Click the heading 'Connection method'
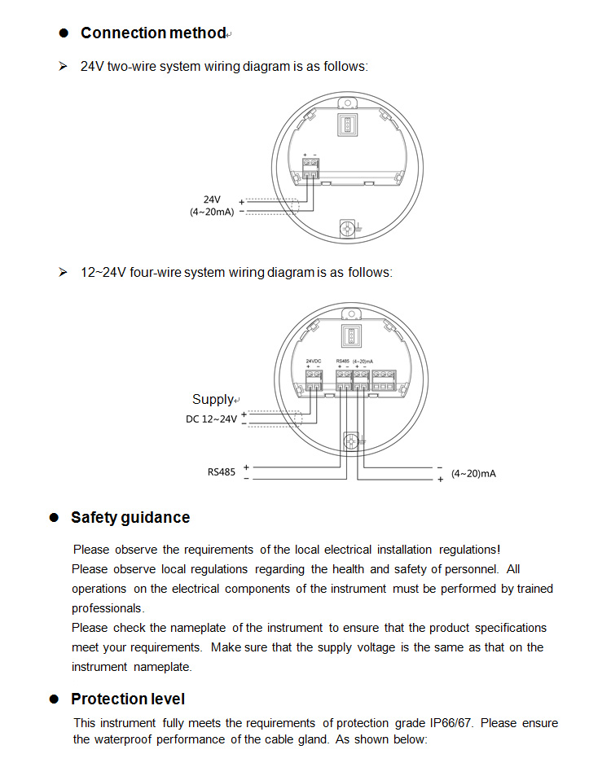click(152, 33)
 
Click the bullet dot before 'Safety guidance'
click(55, 518)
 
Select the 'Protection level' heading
click(128, 699)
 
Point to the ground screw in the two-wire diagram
click(349, 227)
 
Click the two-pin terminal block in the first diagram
click(310, 169)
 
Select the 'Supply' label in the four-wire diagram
click(213, 399)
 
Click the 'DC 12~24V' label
click(211, 419)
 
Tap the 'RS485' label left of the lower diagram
click(221, 471)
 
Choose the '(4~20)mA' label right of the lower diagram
click(473, 473)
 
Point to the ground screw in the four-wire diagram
click(351, 441)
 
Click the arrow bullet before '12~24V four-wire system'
click(63, 272)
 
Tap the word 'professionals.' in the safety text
click(108, 608)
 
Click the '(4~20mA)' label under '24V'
click(212, 212)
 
